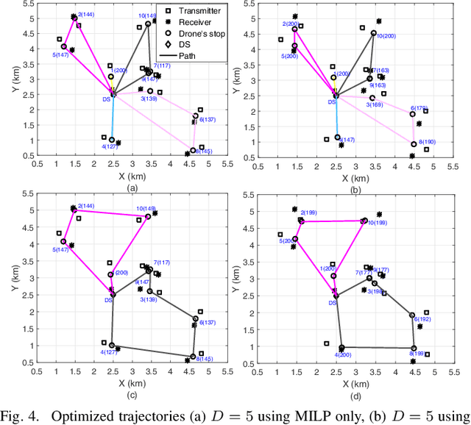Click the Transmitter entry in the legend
point(196,10)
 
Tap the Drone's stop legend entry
point(197,33)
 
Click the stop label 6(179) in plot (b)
point(419,108)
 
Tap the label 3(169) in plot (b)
point(375,104)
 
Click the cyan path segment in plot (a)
point(112,118)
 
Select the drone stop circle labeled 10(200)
point(374,33)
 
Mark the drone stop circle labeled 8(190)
point(414,144)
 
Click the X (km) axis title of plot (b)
point(356,176)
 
